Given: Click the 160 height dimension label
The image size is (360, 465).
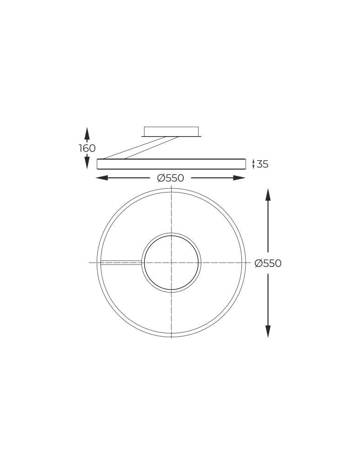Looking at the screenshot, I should tap(87, 148).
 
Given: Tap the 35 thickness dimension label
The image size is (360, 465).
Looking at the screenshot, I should tap(263, 164).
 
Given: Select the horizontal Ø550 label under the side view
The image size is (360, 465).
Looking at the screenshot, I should tap(171, 178).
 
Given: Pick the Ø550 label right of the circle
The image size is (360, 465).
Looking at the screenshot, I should tap(268, 263).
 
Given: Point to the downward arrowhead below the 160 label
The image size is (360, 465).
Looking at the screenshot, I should tap(87, 163).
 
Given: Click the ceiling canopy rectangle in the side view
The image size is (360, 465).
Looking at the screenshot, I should tap(171, 131).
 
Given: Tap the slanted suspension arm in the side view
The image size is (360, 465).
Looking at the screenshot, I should tap(140, 147).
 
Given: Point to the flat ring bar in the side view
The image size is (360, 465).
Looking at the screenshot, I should tap(171, 164).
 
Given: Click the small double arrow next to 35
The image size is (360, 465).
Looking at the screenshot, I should tap(253, 164).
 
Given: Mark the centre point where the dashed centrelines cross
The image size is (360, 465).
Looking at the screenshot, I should tap(172, 263).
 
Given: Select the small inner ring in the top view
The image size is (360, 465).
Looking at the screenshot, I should tap(172, 234).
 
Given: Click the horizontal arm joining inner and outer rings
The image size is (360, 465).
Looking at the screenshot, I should tap(121, 263).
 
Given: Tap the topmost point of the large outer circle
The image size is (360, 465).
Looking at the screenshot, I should tap(172, 189).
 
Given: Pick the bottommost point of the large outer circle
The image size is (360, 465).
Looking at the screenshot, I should tap(172, 337).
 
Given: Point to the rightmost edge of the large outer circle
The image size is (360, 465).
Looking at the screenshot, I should tap(246, 263).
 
